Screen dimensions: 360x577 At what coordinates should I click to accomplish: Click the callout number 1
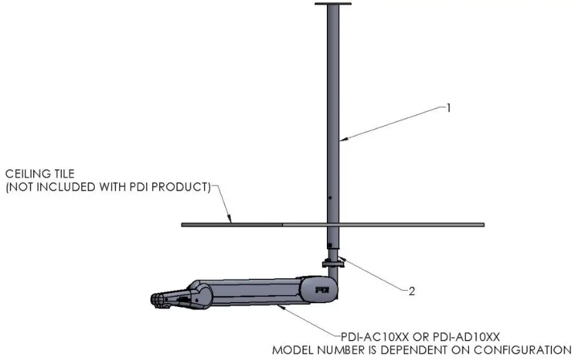(447, 107)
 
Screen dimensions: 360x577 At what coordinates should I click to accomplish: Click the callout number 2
(411, 290)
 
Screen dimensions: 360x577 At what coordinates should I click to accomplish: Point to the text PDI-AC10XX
(379, 336)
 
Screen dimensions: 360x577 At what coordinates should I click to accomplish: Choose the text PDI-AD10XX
(468, 336)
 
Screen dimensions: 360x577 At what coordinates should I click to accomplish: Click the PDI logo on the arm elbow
(322, 289)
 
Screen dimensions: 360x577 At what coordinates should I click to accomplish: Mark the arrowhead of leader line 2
(341, 257)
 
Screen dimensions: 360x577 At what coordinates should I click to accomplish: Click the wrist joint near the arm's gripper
(201, 294)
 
